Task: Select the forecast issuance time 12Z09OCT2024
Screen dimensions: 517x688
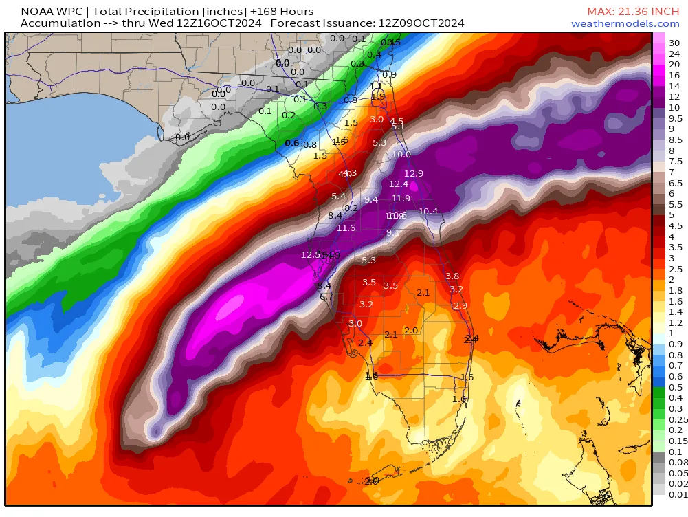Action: tap(421, 23)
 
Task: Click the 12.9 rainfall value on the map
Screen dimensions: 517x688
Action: tap(414, 173)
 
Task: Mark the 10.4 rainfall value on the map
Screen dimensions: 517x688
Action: tap(428, 211)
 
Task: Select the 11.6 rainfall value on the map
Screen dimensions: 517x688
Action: tap(346, 228)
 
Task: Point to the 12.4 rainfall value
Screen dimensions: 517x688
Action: tap(399, 184)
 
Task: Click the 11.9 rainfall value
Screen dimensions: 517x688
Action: tap(401, 199)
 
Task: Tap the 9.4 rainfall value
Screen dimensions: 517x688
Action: tap(371, 199)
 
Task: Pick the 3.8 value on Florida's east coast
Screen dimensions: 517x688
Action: tap(452, 276)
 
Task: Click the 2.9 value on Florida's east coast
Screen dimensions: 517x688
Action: tap(460, 305)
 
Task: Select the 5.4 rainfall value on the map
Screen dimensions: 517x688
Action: tap(338, 197)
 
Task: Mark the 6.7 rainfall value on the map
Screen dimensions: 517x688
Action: tap(326, 296)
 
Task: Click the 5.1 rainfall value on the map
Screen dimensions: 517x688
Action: tap(398, 126)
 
